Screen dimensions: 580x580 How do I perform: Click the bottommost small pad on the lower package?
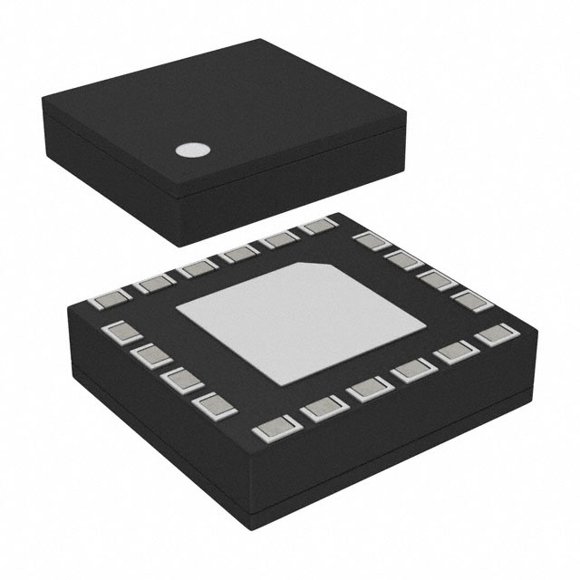pyautogui.click(x=271, y=430)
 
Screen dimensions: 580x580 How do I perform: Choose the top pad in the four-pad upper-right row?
pyautogui.click(x=368, y=241)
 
